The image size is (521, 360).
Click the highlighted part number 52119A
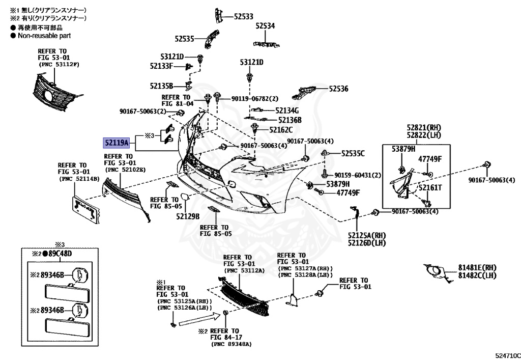tap(116, 143)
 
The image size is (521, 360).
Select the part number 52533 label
tap(244, 17)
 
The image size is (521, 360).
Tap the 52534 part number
tap(265, 26)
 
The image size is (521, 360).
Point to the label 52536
tap(338, 89)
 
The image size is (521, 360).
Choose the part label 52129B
tap(188, 216)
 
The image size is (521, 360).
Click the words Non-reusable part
tap(44, 36)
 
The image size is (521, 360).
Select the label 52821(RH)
tap(423, 127)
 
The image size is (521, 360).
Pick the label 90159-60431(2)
tap(358, 175)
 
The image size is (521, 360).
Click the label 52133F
tap(161, 66)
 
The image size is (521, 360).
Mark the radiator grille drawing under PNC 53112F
tap(54, 93)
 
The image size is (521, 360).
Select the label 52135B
tap(162, 86)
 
